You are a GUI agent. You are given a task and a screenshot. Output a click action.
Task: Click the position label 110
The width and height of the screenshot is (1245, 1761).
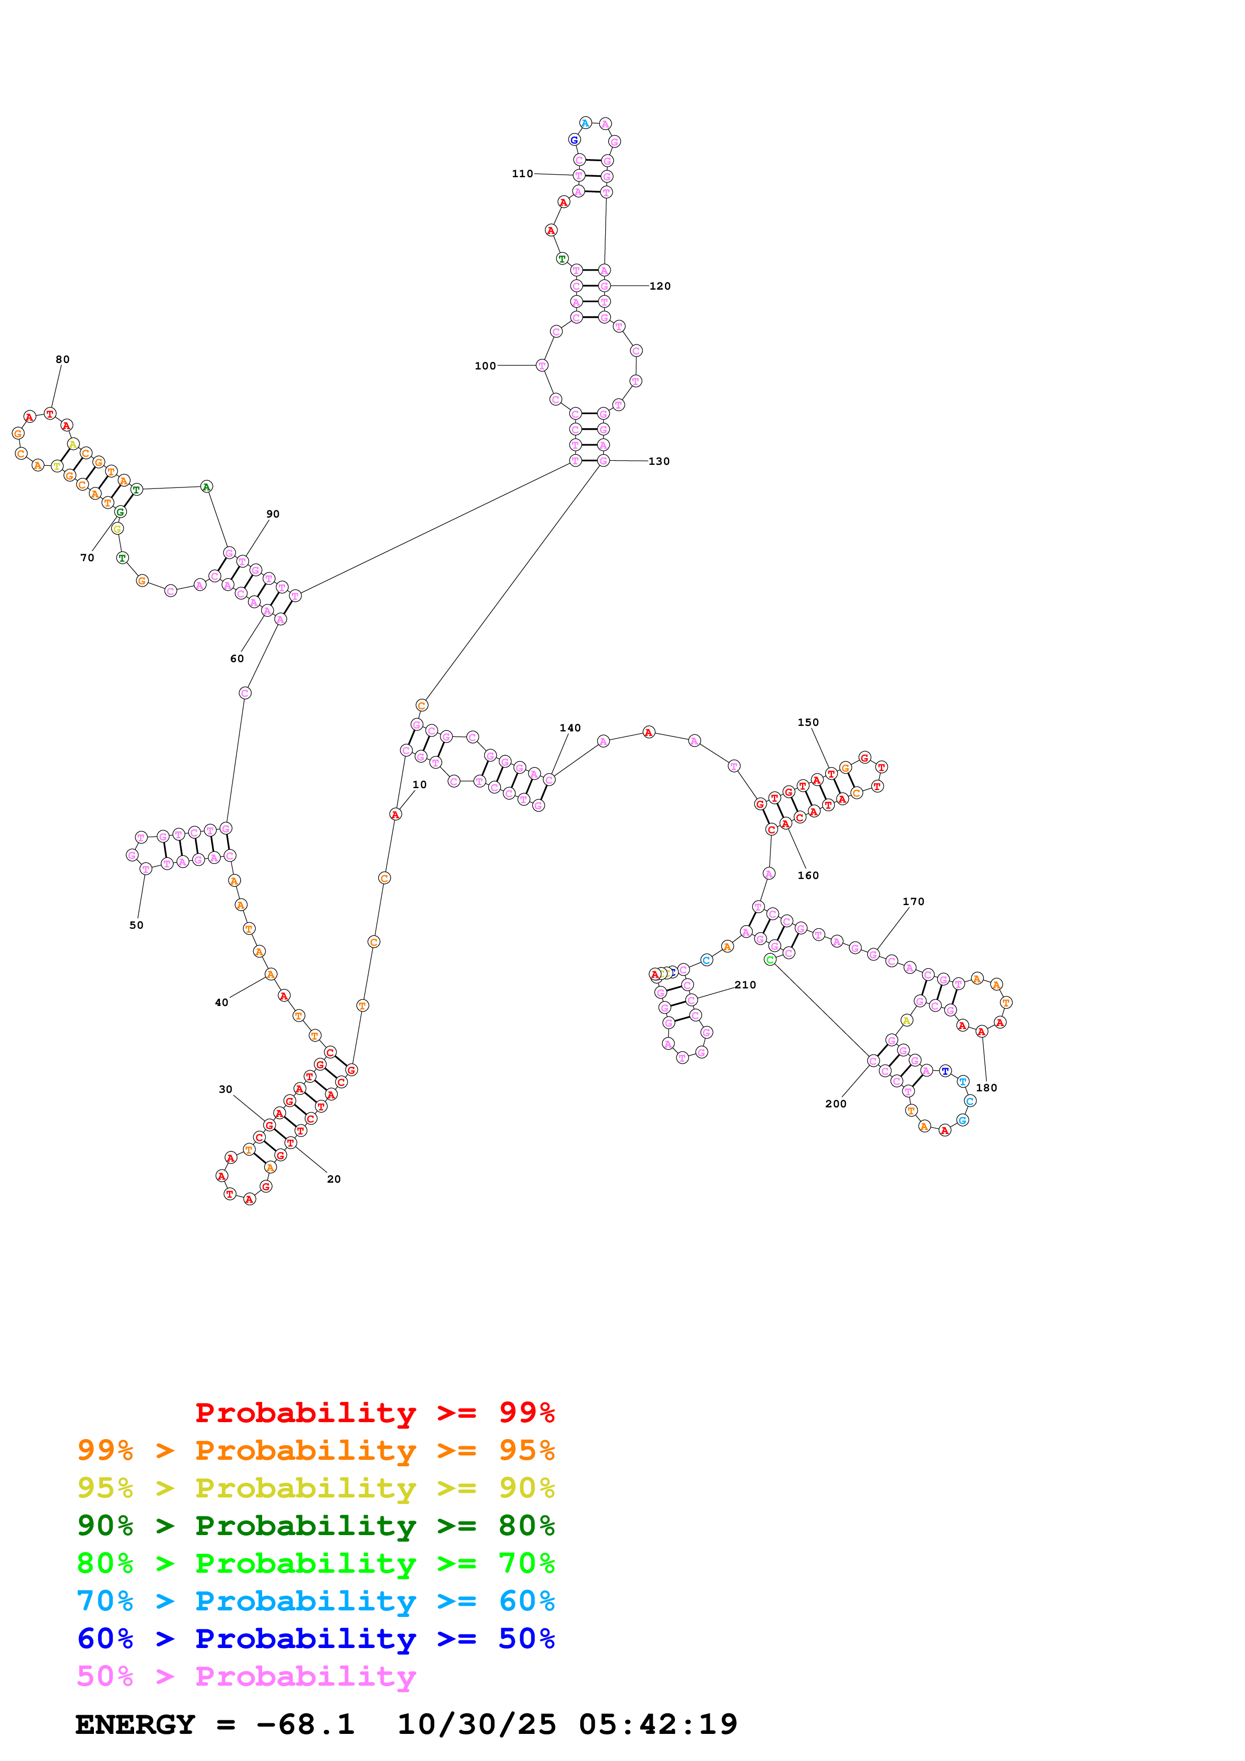[522, 174]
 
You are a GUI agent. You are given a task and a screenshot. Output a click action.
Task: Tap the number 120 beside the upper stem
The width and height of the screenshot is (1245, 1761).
[660, 286]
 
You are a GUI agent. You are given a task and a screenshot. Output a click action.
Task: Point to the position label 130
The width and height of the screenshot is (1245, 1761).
[659, 461]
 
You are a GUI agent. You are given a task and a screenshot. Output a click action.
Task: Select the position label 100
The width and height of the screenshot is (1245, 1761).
[485, 366]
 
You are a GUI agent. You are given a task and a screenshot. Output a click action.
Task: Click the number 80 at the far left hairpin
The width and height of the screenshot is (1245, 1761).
[63, 359]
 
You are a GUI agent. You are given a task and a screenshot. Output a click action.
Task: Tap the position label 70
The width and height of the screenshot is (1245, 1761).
[87, 558]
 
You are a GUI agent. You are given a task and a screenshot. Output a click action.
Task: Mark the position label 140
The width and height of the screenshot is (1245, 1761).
[570, 728]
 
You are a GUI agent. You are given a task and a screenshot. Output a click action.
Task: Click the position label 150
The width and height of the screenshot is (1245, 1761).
[808, 722]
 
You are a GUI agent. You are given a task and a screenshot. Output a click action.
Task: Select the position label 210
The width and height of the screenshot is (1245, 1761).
[745, 985]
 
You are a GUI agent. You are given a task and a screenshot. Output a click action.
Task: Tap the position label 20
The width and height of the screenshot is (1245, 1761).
[333, 1179]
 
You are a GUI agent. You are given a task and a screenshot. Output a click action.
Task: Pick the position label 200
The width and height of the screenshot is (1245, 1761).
[835, 1104]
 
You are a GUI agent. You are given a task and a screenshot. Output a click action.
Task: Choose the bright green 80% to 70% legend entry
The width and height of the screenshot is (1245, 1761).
[315, 1563]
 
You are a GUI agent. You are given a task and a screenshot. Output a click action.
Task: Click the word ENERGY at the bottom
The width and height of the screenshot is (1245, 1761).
[135, 1724]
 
